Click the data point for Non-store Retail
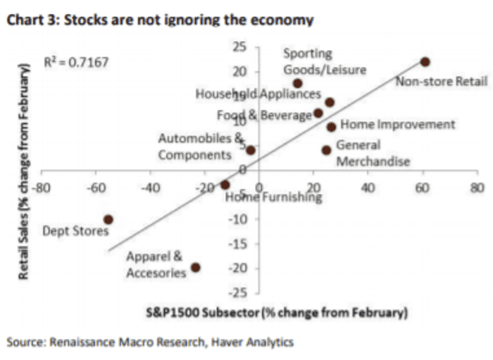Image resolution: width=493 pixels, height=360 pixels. click(425, 62)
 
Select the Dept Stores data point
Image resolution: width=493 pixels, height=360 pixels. click(108, 219)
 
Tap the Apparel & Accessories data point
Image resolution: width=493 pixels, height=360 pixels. click(196, 268)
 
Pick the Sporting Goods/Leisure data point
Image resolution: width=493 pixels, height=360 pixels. click(298, 83)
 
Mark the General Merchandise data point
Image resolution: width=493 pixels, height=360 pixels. click(326, 150)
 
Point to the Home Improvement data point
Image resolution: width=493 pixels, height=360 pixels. click(331, 127)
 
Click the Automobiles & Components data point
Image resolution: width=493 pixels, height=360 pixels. click(251, 150)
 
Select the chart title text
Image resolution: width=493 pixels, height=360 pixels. click(160, 20)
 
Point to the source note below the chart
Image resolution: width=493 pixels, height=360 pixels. click(150, 342)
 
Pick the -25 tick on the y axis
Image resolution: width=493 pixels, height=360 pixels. click(239, 292)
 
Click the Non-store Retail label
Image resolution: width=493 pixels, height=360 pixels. click(441, 81)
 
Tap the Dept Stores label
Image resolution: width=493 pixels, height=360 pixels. click(76, 230)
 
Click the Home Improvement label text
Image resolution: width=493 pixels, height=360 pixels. click(398, 125)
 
